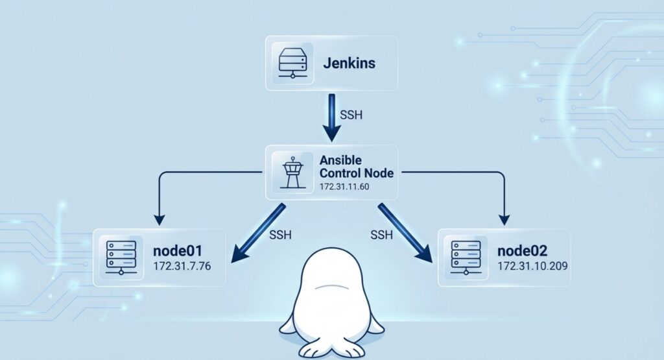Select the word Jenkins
point(349,64)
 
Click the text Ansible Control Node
point(361,166)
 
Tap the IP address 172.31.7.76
point(182,267)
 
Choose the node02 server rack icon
point(465,257)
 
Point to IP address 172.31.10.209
point(534,267)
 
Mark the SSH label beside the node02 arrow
point(383,234)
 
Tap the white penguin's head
point(331,272)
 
